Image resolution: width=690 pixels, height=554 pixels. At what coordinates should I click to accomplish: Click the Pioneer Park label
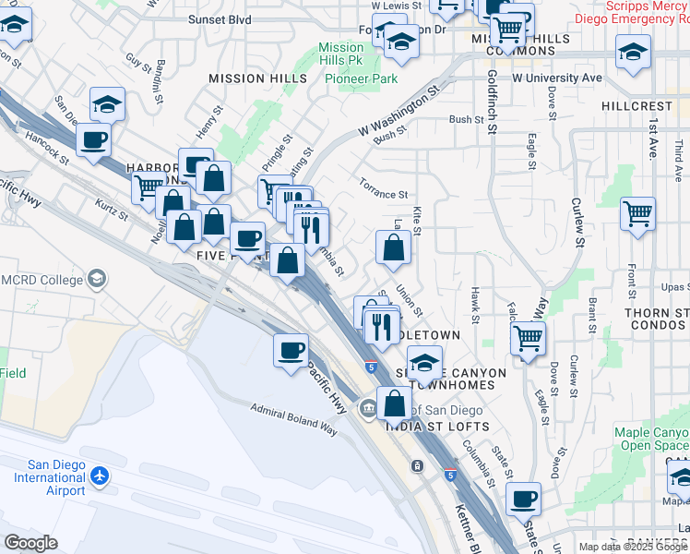click(361, 78)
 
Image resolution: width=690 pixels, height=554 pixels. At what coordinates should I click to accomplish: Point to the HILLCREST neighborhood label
click(636, 106)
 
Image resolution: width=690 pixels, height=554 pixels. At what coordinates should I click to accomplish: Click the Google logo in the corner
click(30, 542)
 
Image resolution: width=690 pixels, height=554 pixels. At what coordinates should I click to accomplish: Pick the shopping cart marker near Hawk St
click(528, 338)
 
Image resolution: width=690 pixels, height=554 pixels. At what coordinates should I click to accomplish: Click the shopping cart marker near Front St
click(637, 213)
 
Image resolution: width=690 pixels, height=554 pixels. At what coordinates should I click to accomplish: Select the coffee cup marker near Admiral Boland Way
click(291, 350)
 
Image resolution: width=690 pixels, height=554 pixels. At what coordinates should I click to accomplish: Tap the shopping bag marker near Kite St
click(393, 247)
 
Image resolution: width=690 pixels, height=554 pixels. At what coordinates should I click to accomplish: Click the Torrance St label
click(384, 195)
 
